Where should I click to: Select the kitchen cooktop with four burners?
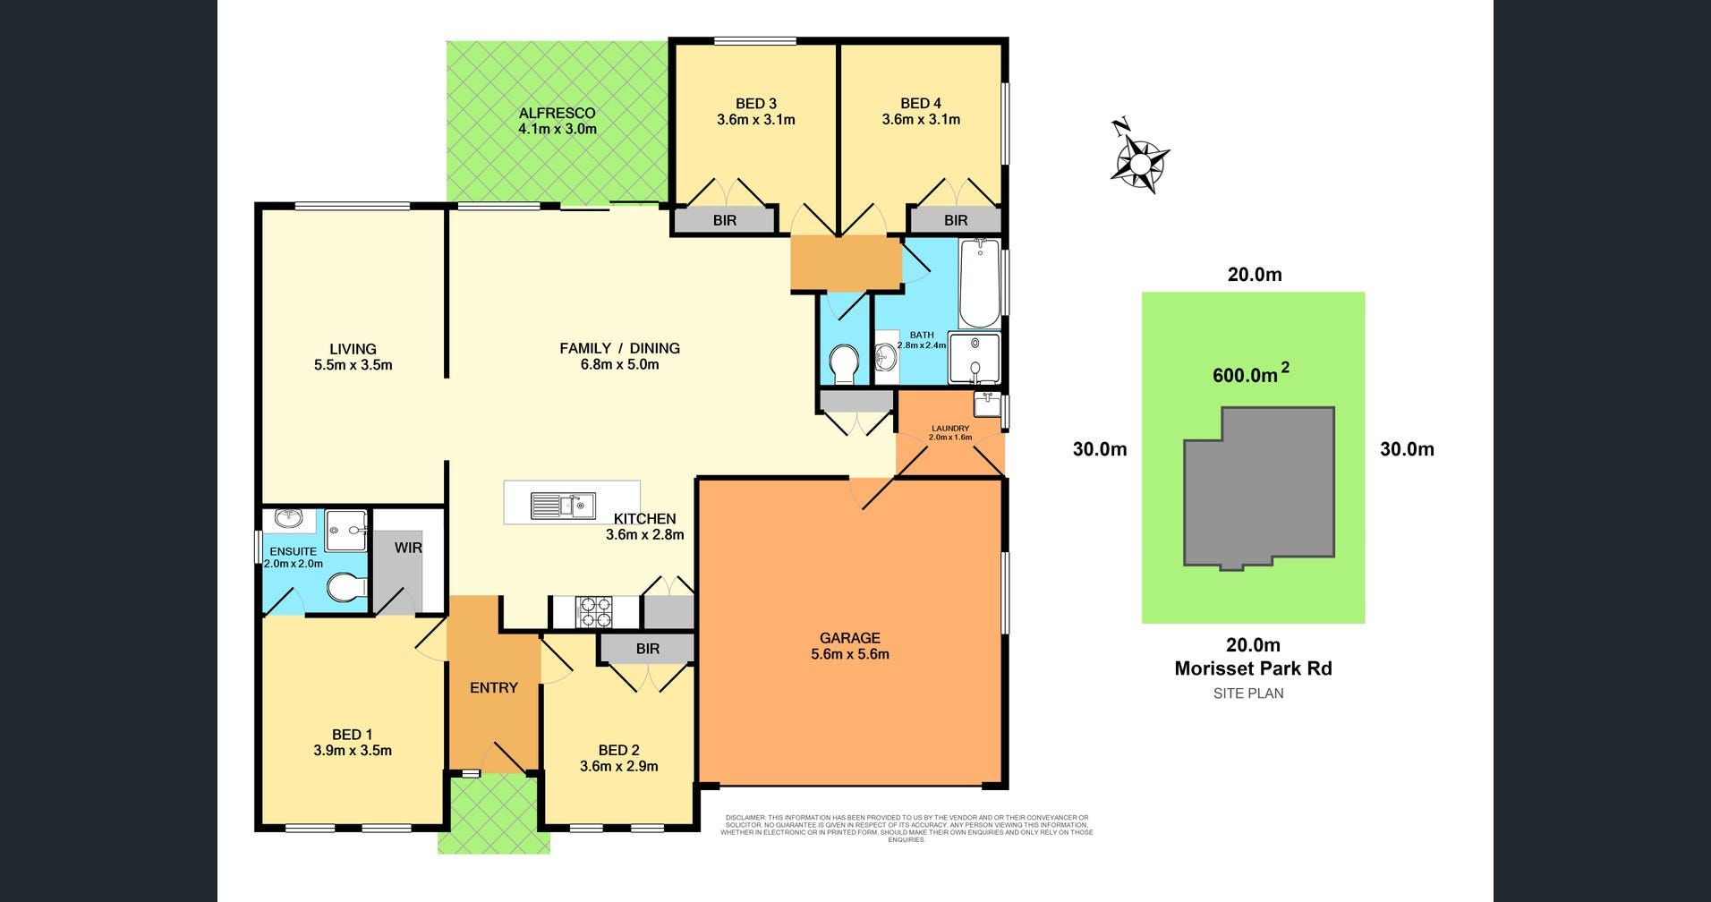pos(596,611)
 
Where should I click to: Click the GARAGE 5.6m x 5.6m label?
pos(849,646)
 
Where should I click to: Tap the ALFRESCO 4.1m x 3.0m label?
pos(557,121)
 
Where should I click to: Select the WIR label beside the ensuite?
pos(407,547)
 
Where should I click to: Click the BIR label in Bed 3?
pos(724,220)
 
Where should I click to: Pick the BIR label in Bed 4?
pos(955,220)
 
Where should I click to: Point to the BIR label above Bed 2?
pos(647,649)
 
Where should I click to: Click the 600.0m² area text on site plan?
pos(1250,375)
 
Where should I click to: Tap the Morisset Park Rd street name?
pos(1253,668)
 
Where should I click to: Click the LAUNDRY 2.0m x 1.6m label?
pos(950,433)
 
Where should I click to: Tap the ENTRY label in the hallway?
pos(494,687)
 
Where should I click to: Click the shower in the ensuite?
pos(345,531)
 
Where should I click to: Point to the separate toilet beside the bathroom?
pos(843,362)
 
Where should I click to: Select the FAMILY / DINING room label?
pos(619,356)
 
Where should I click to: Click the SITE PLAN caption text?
pos(1247,693)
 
